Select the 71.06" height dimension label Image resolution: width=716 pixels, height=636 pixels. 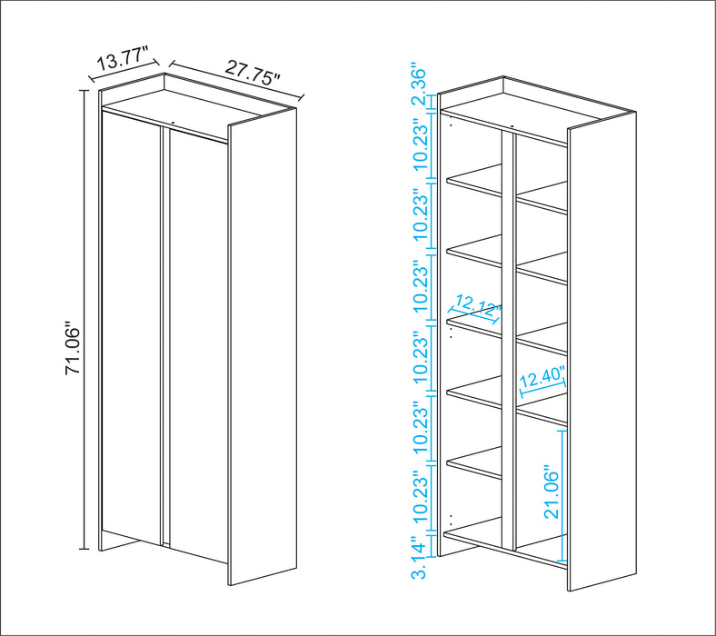pyautogui.click(x=75, y=350)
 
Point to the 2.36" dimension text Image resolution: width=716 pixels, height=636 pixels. pyautogui.click(x=420, y=85)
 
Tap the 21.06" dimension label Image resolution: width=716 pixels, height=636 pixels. pyautogui.click(x=552, y=491)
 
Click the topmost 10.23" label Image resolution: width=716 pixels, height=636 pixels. pyautogui.click(x=420, y=144)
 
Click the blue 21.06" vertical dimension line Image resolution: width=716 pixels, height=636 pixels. pyautogui.click(x=564, y=495)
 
